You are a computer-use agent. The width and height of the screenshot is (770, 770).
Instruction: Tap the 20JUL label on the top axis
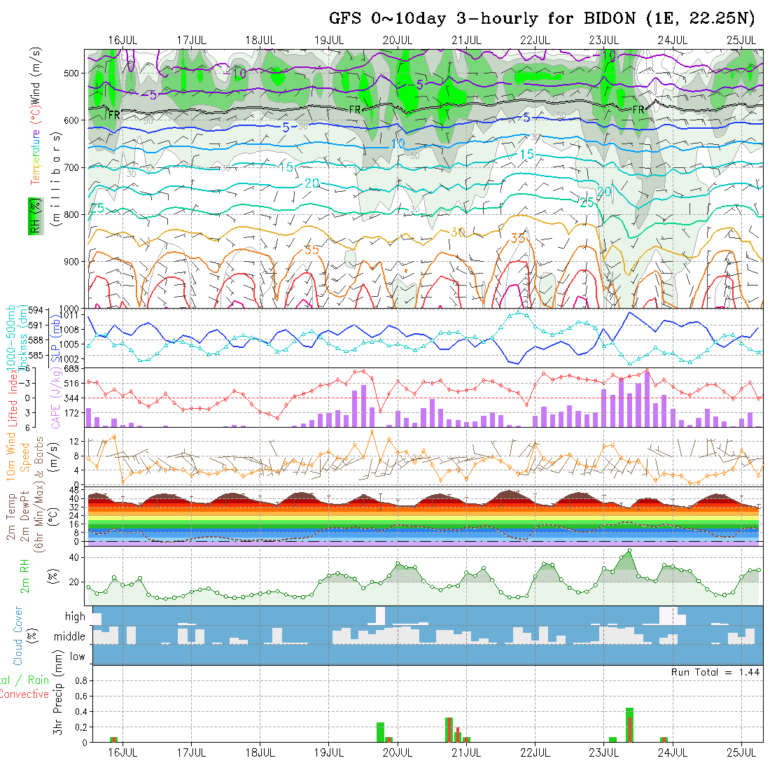[x=397, y=40]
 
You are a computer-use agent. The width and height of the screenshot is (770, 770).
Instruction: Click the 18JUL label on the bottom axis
[x=260, y=752]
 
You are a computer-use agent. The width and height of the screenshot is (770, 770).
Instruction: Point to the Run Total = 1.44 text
[x=715, y=672]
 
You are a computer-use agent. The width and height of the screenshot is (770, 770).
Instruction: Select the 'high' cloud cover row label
[x=75, y=617]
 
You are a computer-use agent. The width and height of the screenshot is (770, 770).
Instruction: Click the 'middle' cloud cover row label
[x=69, y=636]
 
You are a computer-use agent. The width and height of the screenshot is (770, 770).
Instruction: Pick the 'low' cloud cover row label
[x=77, y=657]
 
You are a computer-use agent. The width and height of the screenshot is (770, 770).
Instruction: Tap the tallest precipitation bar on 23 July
[x=629, y=724]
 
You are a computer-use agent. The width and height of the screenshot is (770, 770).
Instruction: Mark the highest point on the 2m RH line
[x=630, y=551]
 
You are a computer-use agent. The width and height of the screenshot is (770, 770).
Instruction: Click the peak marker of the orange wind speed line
[x=114, y=436]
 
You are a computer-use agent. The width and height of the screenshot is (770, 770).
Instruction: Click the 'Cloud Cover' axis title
[x=17, y=636]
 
